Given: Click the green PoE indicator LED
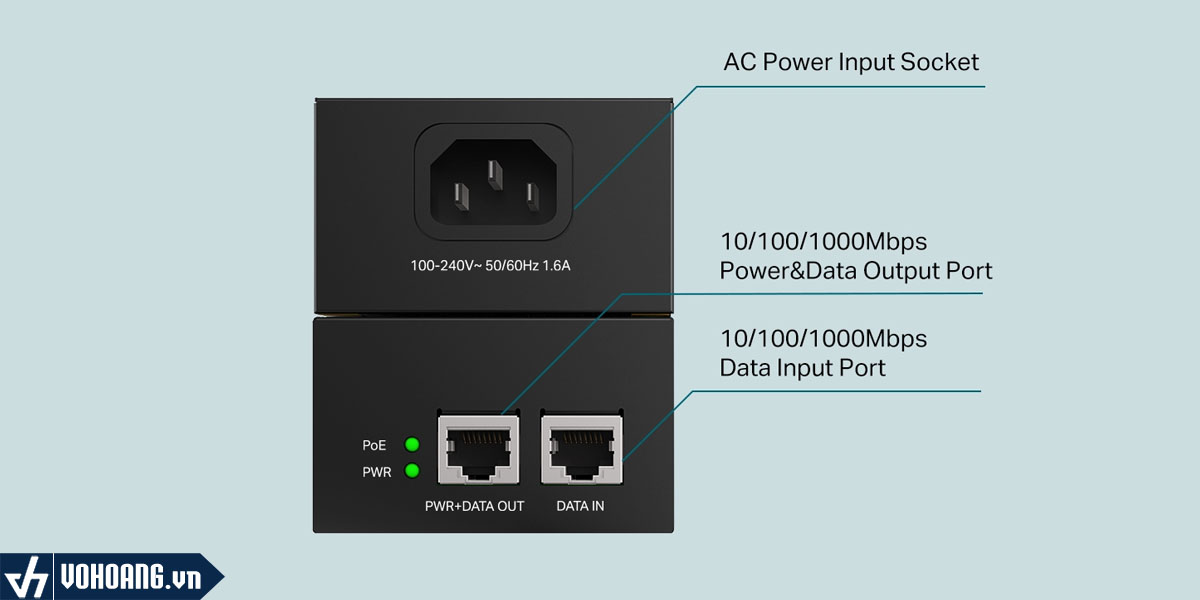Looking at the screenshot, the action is pyautogui.click(x=411, y=444).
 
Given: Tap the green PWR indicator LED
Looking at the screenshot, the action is pyautogui.click(x=411, y=471).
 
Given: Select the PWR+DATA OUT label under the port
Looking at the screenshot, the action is pyautogui.click(x=474, y=506).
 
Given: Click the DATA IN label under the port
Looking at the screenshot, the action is pyautogui.click(x=580, y=506).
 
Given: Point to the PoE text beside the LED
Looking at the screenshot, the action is pyautogui.click(x=374, y=445).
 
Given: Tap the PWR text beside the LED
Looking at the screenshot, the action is pyautogui.click(x=376, y=472).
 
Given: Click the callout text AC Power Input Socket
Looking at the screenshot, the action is pyautogui.click(x=851, y=62).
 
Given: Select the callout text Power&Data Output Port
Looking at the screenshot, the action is pyautogui.click(x=856, y=270).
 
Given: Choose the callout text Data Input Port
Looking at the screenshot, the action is pyautogui.click(x=802, y=367).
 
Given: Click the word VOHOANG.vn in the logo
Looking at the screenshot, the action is pyautogui.click(x=130, y=578).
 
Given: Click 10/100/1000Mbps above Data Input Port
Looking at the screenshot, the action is pyautogui.click(x=823, y=338).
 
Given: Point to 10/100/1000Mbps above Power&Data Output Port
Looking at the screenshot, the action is pyautogui.click(x=823, y=242).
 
